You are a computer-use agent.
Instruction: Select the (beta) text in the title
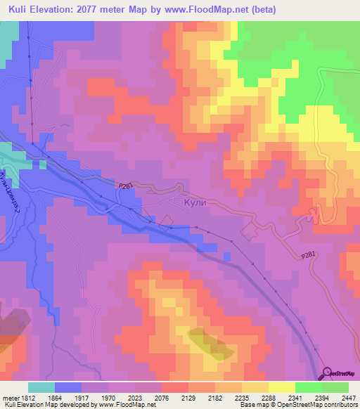point(260,10)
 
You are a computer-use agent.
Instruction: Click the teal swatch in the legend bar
point(41,387)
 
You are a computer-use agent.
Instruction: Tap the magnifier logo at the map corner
point(326,372)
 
